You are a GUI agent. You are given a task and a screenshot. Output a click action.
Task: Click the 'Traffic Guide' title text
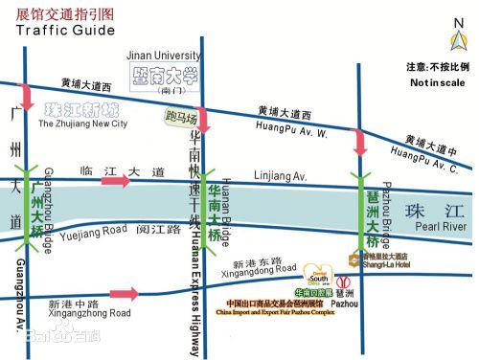pyautogui.click(x=65, y=30)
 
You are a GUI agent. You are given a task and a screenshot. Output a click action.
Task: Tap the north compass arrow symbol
pyautogui.click(x=457, y=37)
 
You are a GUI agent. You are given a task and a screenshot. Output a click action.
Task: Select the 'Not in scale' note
pyautogui.click(x=438, y=83)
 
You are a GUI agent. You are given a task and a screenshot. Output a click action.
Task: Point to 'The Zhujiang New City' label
pyautogui.click(x=82, y=124)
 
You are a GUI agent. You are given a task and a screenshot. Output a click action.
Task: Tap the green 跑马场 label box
pyautogui.click(x=181, y=119)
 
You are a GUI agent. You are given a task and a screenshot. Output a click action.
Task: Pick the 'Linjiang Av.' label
pyautogui.click(x=280, y=176)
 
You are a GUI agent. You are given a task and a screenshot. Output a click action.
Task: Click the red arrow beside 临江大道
pyautogui.click(x=115, y=181)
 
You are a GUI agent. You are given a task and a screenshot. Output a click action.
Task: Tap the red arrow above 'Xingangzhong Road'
pyautogui.click(x=125, y=294)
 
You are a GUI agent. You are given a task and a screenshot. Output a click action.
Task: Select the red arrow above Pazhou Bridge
pyautogui.click(x=360, y=142)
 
